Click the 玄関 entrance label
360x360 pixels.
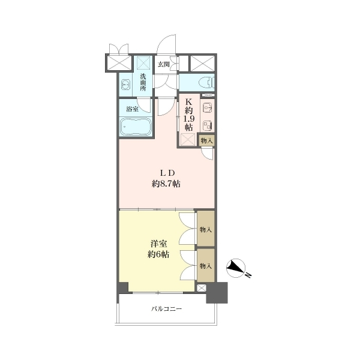[164, 64]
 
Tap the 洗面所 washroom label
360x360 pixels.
[143, 82]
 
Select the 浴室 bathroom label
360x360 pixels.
[132, 109]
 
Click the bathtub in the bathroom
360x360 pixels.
[136, 126]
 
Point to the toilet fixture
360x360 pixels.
[207, 82]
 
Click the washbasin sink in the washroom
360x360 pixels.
[125, 85]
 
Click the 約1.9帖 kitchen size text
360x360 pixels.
[189, 119]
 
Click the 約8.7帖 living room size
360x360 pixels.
[166, 184]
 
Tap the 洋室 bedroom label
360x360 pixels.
[158, 244]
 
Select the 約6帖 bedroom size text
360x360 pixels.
[158, 254]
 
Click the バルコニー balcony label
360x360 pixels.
[167, 309]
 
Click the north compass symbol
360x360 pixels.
[236, 268]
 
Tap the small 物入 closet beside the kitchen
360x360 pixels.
[207, 141]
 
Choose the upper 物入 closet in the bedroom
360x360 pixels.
[206, 229]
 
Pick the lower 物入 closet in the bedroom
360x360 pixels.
[206, 265]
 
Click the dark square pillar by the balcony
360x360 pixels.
[217, 293]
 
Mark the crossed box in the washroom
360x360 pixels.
[143, 62]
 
